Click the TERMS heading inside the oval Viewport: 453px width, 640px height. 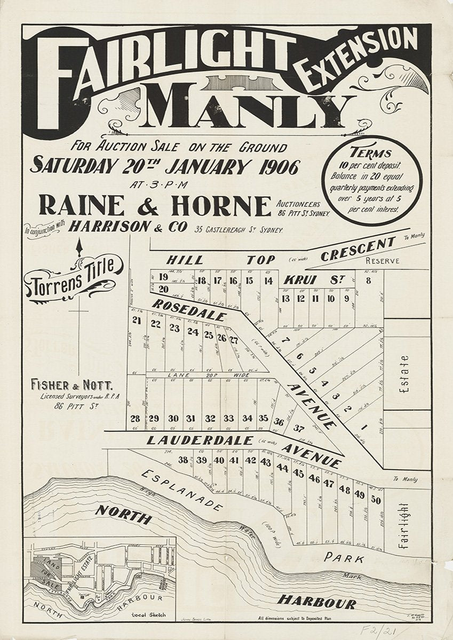[372, 153]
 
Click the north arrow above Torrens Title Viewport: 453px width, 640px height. [81, 246]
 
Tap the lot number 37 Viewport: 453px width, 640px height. [299, 428]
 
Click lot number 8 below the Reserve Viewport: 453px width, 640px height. [368, 279]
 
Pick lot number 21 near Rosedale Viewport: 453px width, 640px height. [137, 320]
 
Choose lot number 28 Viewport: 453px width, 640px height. [135, 418]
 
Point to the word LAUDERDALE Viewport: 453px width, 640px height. [198, 440]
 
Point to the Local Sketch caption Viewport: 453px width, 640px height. [148, 614]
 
